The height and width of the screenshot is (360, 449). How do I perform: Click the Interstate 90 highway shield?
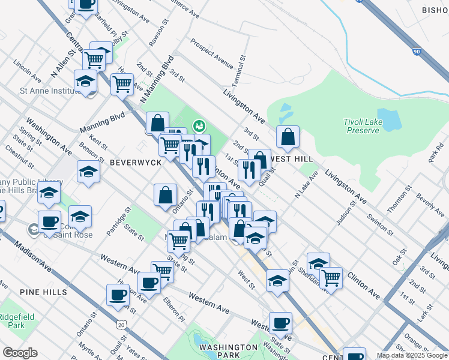click(416, 53)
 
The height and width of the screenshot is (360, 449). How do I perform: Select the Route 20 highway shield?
click(122, 325)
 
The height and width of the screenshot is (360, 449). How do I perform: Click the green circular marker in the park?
click(199, 125)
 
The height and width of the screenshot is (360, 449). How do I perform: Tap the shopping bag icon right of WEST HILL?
click(288, 137)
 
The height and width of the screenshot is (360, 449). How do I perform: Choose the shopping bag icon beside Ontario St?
click(165, 195)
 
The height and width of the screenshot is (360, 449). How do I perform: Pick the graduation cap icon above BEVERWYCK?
click(88, 171)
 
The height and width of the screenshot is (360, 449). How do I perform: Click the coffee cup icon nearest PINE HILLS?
click(118, 295)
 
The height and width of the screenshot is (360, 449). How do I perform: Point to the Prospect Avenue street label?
click(212, 53)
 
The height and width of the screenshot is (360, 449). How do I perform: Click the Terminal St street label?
click(244, 67)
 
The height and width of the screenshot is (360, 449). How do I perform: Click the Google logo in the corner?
click(20, 353)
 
